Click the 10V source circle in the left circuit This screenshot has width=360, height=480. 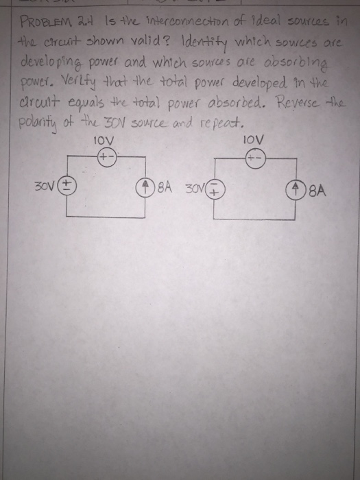coord(108,156)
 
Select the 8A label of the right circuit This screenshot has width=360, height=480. coord(317,186)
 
